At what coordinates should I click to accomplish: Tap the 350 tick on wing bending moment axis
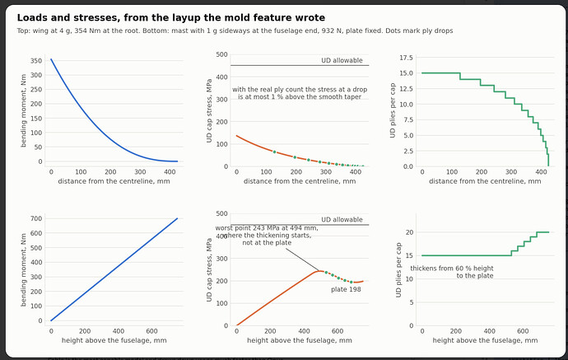36,60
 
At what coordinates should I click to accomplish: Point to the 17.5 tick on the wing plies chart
406,58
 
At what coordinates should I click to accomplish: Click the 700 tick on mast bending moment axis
36,218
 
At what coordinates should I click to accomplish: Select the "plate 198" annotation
346,289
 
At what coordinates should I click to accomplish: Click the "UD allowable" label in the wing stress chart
342,60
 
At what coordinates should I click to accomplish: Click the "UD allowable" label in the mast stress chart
342,220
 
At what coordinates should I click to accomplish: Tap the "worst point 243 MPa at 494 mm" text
267,228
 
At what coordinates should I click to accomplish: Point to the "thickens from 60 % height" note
452,269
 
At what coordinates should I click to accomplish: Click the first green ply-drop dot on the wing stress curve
274,152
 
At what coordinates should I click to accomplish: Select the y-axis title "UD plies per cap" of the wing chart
393,110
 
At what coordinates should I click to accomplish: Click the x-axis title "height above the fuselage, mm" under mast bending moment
114,340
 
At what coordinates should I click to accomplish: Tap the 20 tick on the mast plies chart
409,232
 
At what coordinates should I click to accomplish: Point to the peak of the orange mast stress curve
319,271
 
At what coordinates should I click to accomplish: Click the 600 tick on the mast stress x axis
338,331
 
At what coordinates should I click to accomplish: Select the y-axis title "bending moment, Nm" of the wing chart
24,110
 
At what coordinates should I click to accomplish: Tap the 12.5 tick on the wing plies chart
406,89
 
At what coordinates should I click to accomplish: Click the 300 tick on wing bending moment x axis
140,172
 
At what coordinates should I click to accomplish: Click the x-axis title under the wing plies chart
485,181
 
